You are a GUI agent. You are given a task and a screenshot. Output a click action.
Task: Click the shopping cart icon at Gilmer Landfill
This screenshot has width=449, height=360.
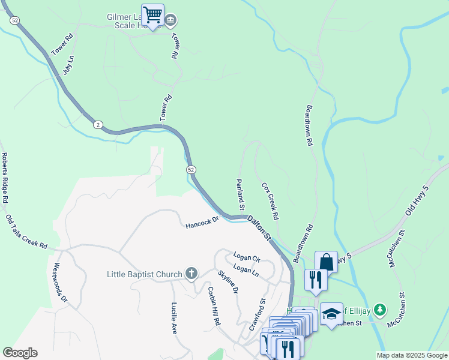153,14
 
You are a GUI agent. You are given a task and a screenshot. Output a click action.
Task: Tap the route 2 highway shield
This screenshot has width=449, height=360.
98,125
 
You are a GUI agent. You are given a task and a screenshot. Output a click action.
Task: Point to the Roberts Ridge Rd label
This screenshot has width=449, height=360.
5,177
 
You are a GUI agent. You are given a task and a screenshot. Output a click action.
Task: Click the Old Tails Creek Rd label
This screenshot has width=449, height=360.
26,232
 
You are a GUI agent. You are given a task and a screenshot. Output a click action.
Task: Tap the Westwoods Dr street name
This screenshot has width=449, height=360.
61,281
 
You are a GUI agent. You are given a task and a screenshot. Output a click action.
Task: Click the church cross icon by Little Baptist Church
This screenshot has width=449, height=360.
191,274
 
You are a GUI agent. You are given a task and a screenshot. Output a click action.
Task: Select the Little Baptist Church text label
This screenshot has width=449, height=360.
144,275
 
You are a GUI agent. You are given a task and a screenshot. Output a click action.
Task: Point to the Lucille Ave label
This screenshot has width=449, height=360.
174,317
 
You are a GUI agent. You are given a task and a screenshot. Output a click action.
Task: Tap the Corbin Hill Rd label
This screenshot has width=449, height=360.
213,307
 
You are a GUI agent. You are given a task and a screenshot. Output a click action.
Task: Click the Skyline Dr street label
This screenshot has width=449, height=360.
228,281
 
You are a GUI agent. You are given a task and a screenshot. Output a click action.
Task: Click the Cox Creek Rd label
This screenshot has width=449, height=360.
271,200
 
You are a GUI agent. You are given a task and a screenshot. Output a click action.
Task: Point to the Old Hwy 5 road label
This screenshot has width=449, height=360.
418,202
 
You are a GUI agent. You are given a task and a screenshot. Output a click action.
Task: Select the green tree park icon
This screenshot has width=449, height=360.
379,310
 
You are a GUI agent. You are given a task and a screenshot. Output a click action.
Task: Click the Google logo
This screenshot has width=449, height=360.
20,353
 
